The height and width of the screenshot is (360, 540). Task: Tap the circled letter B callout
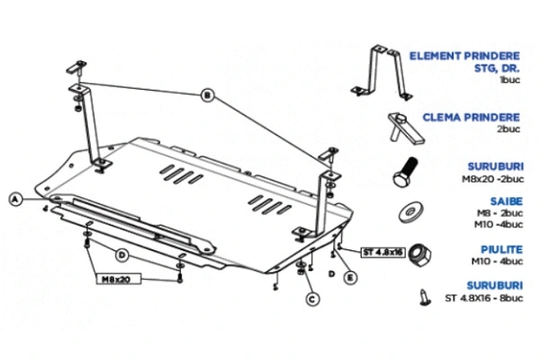[x=206, y=94]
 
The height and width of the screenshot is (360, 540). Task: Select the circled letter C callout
[x=311, y=298]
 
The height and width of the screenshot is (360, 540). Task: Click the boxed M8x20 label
[x=115, y=279]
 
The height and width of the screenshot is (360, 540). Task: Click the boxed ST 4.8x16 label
[x=383, y=251]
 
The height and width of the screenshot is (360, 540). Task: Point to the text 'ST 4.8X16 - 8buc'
[x=484, y=297]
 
